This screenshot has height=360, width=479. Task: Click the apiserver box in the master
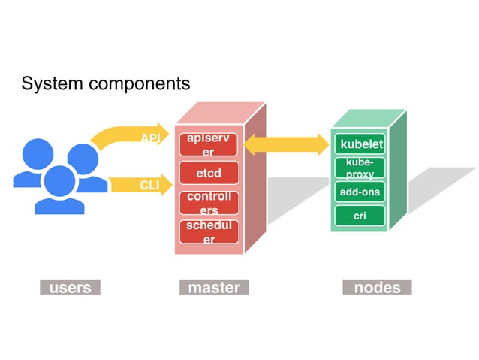209,145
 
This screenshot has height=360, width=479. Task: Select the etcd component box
209,173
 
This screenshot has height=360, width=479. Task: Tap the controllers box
209,203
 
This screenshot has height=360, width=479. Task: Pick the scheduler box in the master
209,232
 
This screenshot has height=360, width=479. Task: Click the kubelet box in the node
361,144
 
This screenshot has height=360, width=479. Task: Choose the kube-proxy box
360,168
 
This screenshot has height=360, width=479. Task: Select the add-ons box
360,192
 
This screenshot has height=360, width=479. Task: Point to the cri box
360,216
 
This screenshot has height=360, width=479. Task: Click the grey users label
70,288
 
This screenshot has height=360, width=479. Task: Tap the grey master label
214,288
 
